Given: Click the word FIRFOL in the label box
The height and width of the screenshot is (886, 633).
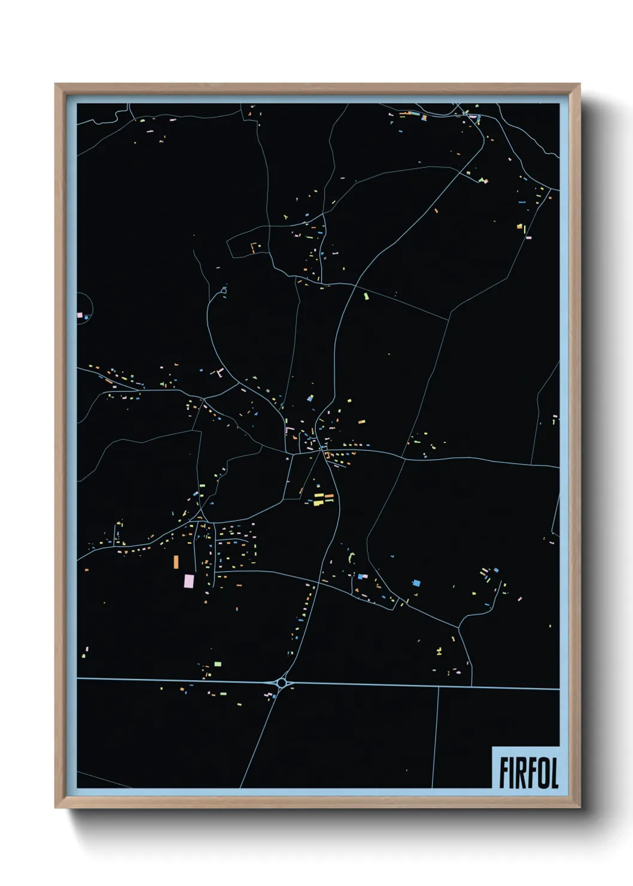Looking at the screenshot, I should point(528,773).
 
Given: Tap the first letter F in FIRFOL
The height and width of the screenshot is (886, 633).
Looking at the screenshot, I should point(504,773).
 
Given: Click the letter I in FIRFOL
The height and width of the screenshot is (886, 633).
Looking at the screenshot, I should point(513,773).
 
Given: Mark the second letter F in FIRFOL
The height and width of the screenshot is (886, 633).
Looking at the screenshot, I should point(531,773).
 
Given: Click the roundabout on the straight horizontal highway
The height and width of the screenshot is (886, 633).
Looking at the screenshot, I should point(282,682).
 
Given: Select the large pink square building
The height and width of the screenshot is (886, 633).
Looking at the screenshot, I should point(189,581).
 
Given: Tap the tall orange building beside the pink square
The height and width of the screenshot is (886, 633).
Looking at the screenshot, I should point(176,562).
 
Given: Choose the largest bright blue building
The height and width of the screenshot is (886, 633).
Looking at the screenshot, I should point(416,582).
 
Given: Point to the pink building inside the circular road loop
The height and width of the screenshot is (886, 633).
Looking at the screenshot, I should point(80,314).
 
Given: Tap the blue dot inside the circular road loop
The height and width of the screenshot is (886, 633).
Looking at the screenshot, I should point(87,317).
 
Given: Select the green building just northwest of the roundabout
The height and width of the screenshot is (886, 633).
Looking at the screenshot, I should point(218,663).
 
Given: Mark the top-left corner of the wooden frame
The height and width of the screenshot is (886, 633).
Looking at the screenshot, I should point(56,84).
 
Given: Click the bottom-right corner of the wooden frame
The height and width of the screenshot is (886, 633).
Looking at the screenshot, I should point(579,808).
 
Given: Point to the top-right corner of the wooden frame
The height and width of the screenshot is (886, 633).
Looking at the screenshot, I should point(579,84).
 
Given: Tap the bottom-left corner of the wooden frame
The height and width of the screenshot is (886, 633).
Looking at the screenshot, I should point(56,808).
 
